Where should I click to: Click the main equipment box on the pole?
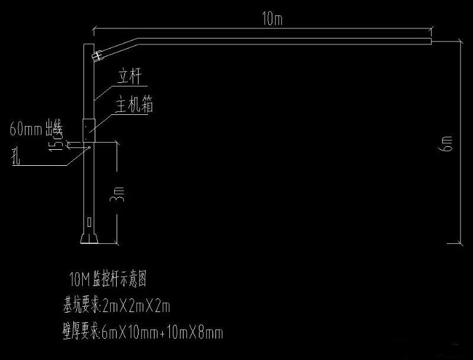pos(89,126)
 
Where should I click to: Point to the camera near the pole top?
pos(98,56)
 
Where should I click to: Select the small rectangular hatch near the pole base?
pos(89,223)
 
